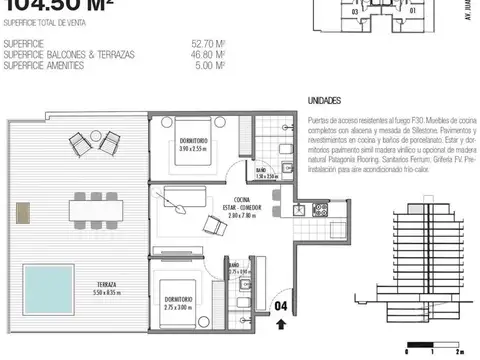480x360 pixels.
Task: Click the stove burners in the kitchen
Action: click(322, 210)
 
